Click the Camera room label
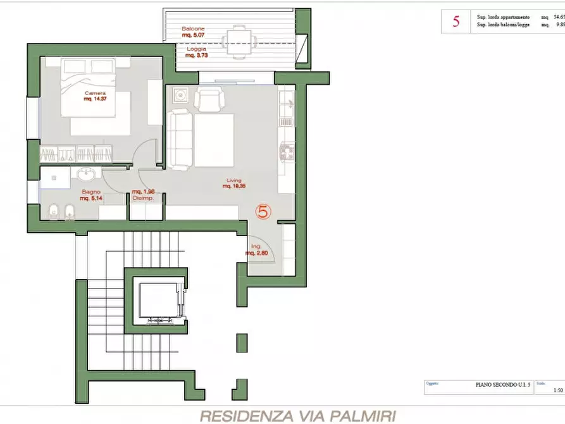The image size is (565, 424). (x=94, y=93)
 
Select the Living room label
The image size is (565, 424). (x=234, y=180)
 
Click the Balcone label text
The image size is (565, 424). (x=193, y=30)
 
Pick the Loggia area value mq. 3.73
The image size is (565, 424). (x=197, y=56)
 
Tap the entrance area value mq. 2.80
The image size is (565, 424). (x=257, y=253)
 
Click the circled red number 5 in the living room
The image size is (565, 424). (x=264, y=211)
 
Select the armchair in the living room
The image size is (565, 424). (x=209, y=99)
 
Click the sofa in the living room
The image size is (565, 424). (x=180, y=139)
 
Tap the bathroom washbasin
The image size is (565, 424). (x=87, y=174)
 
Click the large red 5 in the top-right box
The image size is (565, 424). (x=456, y=22)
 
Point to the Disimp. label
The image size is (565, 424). (x=143, y=198)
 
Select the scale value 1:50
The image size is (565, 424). (x=557, y=390)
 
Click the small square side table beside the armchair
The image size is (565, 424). (x=180, y=96)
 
